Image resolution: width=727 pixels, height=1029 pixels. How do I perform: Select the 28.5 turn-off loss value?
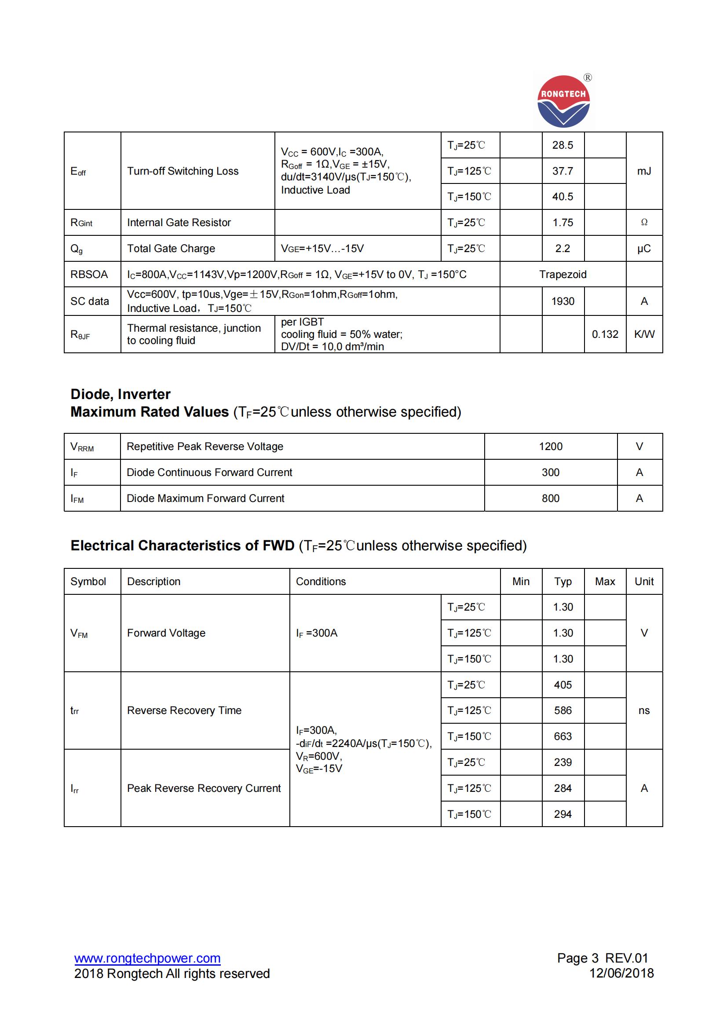[x=562, y=145]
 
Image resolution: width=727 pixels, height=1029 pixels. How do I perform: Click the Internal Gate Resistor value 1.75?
[x=562, y=223]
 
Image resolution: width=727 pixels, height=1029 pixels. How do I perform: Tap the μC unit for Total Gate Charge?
[x=644, y=249]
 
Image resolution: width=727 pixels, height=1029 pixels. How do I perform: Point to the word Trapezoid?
[x=562, y=274]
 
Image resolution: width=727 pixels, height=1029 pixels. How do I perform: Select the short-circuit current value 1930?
[x=562, y=301]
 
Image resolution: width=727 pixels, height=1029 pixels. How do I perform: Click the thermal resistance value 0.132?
[x=604, y=334]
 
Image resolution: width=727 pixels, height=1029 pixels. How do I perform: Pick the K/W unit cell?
[x=644, y=334]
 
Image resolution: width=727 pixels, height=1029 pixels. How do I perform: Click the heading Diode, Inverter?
[x=120, y=394]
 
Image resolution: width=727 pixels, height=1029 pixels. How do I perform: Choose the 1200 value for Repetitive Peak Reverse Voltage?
[x=550, y=447]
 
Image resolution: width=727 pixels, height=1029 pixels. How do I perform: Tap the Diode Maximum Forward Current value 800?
[x=550, y=498]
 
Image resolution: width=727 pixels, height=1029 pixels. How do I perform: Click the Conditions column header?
[x=321, y=582]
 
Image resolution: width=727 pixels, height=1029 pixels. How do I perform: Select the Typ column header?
[x=562, y=582]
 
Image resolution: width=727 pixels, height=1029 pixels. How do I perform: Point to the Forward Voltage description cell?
[x=166, y=633]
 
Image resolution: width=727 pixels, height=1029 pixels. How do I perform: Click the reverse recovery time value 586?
[x=562, y=710]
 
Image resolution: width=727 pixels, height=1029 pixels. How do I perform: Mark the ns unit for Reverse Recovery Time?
[x=644, y=710]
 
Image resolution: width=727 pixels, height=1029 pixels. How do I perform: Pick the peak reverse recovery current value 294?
[x=562, y=814]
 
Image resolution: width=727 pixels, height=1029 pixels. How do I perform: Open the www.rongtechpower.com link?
[x=147, y=958]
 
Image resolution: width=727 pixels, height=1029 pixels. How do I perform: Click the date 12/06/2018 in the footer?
[x=621, y=973]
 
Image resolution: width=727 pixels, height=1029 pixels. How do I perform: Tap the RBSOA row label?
[x=89, y=274]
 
